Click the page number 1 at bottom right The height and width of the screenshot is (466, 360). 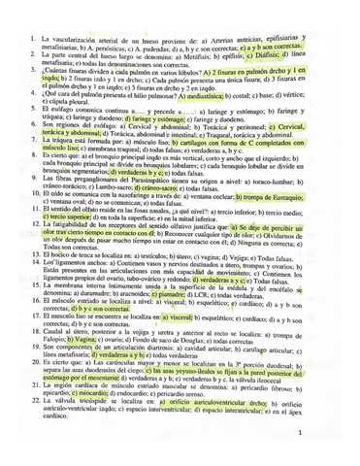click(x=328, y=434)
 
